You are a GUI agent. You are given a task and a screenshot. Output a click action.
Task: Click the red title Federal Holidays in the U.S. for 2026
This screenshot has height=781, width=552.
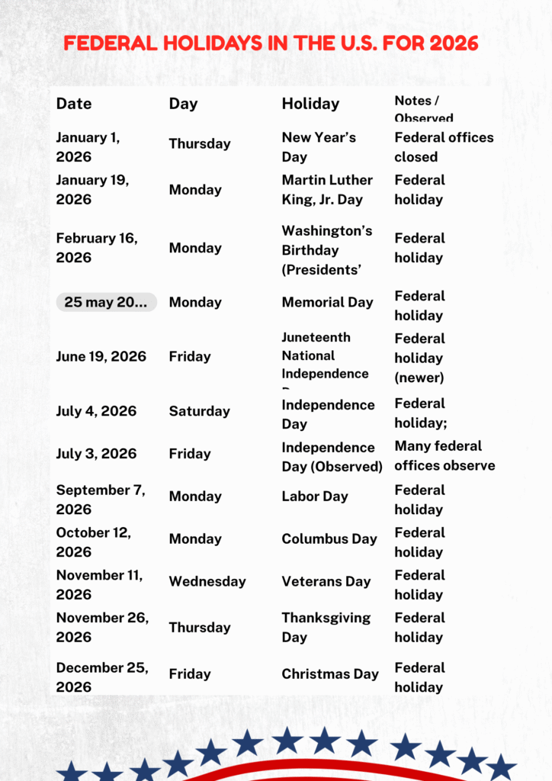271,43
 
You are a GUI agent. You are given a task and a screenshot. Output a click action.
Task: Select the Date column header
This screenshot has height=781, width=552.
74,104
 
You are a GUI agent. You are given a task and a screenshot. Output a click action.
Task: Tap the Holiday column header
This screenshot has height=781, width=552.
310,104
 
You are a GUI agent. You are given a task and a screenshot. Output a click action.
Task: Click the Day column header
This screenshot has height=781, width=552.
183,104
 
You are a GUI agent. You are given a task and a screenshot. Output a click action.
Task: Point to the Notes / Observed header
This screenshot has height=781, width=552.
424,108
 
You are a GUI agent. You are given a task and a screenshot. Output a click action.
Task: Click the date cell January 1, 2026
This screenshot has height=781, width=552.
88,147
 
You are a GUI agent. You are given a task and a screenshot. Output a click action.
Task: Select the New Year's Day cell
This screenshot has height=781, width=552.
319,147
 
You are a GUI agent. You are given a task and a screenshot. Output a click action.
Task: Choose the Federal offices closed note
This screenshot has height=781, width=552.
444,147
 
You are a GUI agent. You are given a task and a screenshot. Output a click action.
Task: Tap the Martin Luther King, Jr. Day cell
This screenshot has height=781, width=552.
327,190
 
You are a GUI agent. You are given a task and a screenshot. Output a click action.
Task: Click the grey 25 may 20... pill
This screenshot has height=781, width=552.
106,302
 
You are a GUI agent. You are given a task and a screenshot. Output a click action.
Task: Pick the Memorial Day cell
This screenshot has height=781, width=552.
327,302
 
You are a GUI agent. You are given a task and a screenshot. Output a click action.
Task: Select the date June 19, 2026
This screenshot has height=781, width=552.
101,356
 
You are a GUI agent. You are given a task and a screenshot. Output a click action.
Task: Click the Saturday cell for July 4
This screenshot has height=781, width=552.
199,411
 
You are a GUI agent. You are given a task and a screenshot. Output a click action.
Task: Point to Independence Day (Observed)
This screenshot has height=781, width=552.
332,457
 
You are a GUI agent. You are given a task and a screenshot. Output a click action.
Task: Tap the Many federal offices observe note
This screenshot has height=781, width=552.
444,455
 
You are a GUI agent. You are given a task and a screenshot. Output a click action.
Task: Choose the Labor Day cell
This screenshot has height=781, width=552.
314,497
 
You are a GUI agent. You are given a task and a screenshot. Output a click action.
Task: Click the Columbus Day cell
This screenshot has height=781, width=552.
329,539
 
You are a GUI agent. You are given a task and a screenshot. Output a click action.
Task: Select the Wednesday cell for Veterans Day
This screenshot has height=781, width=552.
207,581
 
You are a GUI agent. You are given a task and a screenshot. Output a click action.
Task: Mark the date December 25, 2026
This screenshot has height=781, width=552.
102,677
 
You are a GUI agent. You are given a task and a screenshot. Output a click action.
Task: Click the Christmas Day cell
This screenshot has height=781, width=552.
330,674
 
